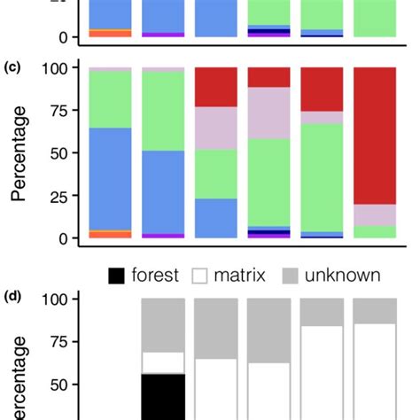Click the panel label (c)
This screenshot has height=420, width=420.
(x=12, y=66)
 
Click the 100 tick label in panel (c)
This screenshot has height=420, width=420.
(x=57, y=67)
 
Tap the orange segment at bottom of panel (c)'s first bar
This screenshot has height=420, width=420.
(x=111, y=235)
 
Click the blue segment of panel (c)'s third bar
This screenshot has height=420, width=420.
(x=215, y=218)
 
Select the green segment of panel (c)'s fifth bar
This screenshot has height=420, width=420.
(x=321, y=177)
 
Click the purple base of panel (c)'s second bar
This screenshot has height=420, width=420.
(x=163, y=236)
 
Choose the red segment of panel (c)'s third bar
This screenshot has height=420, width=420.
(x=215, y=87)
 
